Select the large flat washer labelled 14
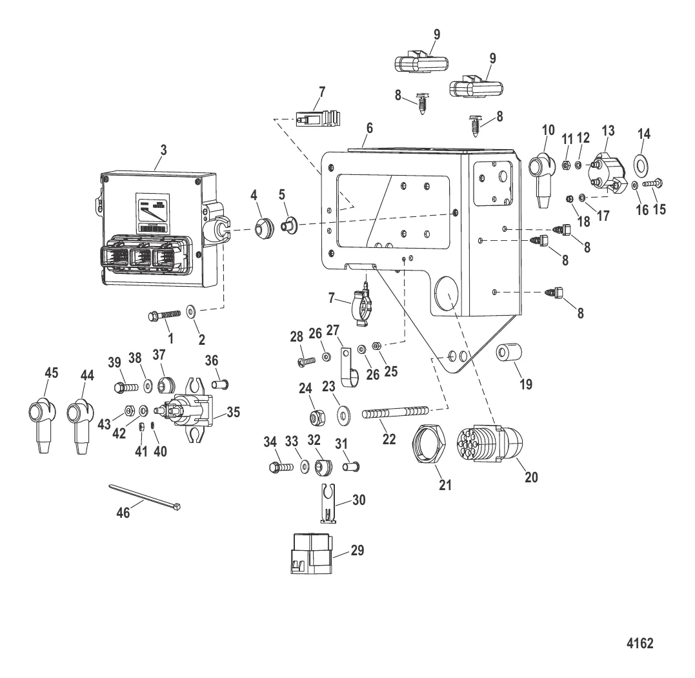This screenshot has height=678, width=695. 643,165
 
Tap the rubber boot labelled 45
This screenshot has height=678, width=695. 41,418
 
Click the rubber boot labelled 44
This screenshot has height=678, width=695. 81,418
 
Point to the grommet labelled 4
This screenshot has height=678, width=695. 263,229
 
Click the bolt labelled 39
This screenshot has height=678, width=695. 126,387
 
